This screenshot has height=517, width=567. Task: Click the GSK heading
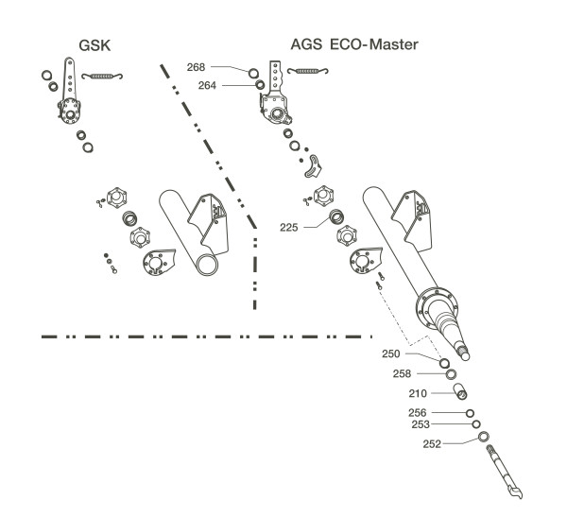[x=94, y=45]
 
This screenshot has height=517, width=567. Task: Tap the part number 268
[x=196, y=67]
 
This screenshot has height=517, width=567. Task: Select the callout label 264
[x=207, y=85]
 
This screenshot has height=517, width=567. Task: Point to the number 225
[x=289, y=228]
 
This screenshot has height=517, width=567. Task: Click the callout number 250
[x=391, y=353]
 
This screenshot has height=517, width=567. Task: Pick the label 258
[x=403, y=373]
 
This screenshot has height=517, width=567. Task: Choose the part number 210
[x=418, y=393]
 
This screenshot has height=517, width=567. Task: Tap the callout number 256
[x=418, y=412]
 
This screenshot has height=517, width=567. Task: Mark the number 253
[x=421, y=424]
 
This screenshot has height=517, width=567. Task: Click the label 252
[x=432, y=444]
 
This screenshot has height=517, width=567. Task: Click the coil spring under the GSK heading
[x=102, y=76]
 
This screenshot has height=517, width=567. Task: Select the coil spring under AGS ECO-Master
[x=308, y=71]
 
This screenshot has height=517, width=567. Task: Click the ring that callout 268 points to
[x=253, y=74]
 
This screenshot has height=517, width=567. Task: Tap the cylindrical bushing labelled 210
[x=460, y=391]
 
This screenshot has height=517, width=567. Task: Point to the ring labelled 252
[x=483, y=437]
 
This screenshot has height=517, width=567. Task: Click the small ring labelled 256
[x=470, y=413]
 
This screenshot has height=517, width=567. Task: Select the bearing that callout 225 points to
[x=336, y=216]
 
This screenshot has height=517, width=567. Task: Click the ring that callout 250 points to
[x=444, y=363]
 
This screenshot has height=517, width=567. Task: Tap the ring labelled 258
[x=451, y=374]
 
